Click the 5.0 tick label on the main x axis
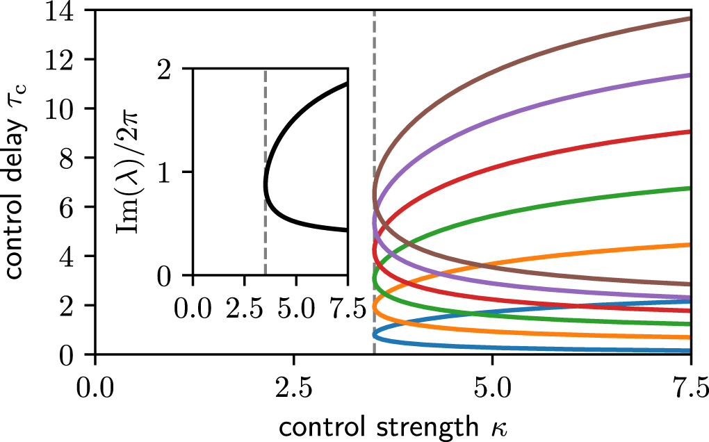pyautogui.click(x=491, y=384)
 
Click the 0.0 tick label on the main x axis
pyautogui.click(x=95, y=384)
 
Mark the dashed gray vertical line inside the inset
pyautogui.click(x=266, y=236)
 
